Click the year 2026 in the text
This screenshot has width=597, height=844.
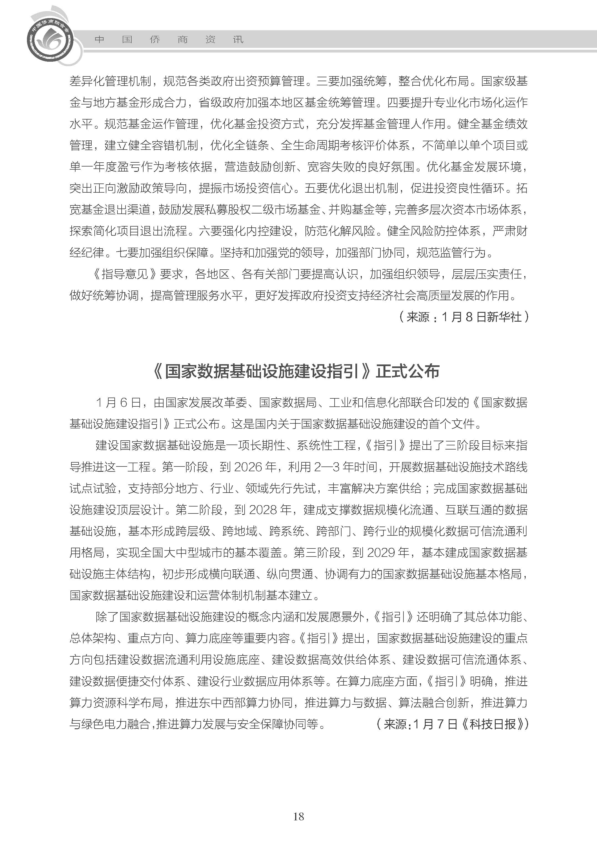coord(249,467)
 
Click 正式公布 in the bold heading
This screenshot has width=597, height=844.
coord(407,371)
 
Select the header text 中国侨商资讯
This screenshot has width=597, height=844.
coord(169,40)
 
